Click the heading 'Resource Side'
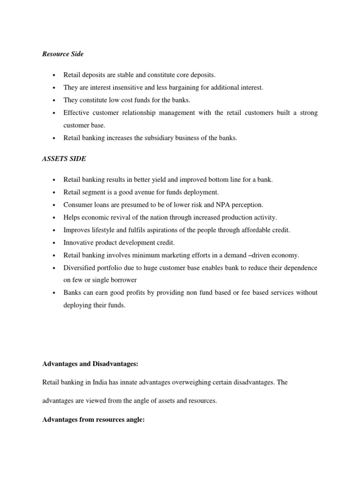coord(63,54)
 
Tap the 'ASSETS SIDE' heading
coord(64,159)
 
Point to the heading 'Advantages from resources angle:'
coord(93,420)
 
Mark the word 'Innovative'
coord(79,243)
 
